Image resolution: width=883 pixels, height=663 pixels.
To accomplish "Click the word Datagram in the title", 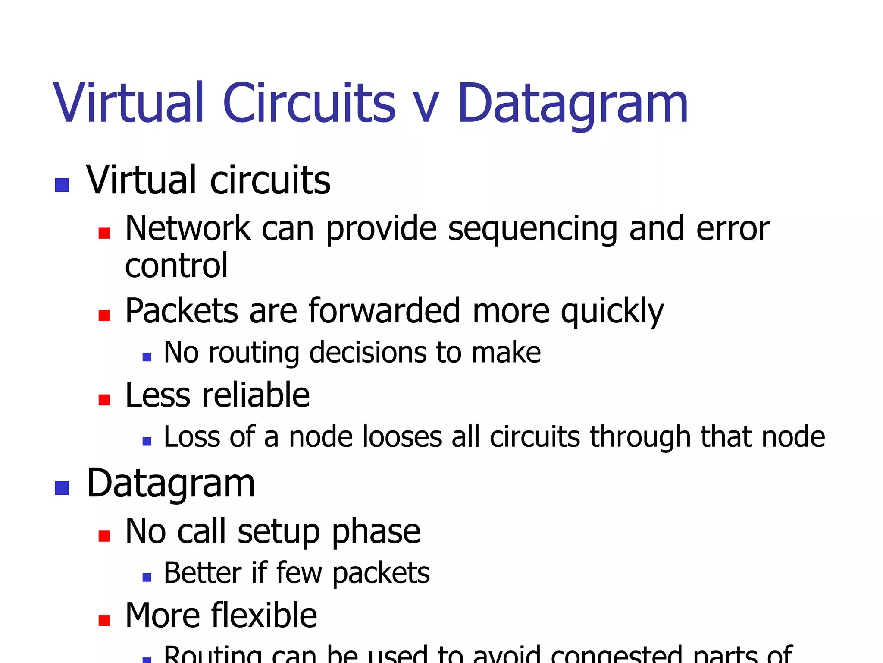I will [x=572, y=104].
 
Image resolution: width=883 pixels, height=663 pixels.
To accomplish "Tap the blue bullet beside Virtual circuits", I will [x=62, y=185].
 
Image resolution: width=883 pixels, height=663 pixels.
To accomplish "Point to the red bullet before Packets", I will [x=104, y=316].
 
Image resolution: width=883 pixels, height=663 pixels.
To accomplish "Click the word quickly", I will [x=612, y=312].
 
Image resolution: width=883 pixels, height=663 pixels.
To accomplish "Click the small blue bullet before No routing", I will [x=147, y=357].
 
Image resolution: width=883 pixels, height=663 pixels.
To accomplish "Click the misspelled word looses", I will [x=402, y=437].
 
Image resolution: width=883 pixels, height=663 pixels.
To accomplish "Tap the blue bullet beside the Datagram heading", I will [x=62, y=488].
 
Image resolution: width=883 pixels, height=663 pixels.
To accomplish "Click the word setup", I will [x=279, y=532].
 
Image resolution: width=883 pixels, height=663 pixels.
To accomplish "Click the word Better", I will [x=203, y=573].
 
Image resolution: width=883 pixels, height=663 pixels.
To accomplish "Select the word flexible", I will [x=264, y=616].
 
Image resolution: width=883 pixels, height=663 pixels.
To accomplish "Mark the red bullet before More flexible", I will [x=104, y=620].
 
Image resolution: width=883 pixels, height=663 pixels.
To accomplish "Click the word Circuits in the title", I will [x=309, y=104].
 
